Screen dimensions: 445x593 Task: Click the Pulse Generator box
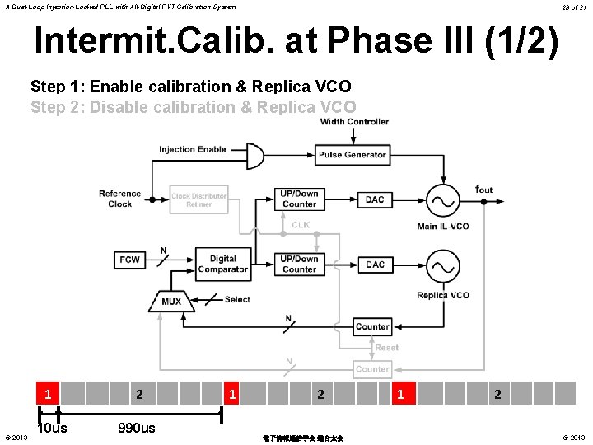pyautogui.click(x=352, y=155)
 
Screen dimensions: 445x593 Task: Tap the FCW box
pyautogui.click(x=130, y=260)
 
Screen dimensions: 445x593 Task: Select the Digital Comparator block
pyautogui.click(x=222, y=264)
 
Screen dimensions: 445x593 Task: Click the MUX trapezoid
pyautogui.click(x=171, y=302)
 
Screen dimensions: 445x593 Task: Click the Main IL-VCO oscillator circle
pyautogui.click(x=442, y=200)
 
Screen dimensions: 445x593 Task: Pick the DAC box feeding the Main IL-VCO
pyautogui.click(x=375, y=199)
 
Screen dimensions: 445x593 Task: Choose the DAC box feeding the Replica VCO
pyautogui.click(x=375, y=265)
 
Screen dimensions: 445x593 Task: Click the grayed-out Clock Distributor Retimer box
pyautogui.click(x=198, y=200)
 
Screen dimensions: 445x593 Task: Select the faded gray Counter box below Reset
pyautogui.click(x=372, y=369)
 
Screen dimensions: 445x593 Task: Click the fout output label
pyautogui.click(x=483, y=190)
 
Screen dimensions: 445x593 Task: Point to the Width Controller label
pyautogui.click(x=354, y=122)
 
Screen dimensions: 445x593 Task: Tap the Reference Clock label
pyautogui.click(x=119, y=199)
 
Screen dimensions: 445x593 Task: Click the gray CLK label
pyautogui.click(x=300, y=224)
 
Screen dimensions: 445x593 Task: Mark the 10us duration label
pyautogui.click(x=54, y=428)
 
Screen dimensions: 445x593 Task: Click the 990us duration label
pyautogui.click(x=136, y=428)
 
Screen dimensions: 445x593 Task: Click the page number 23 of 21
pyautogui.click(x=573, y=7)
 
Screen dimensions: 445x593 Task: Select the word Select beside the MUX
pyautogui.click(x=237, y=299)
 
